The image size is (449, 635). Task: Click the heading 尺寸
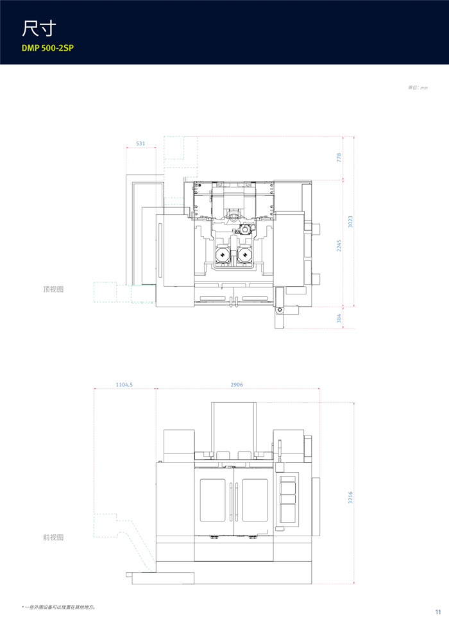[x=38, y=28]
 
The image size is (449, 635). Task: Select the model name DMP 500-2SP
[x=47, y=48]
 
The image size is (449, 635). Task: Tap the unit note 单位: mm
[x=418, y=87]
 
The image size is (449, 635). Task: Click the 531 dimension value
[x=140, y=144]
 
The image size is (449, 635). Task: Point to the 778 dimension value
[x=339, y=158]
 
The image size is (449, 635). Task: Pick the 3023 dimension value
[x=351, y=221]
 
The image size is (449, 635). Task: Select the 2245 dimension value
[x=339, y=246]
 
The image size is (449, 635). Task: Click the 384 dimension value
[x=339, y=318]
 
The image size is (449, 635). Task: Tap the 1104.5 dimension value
[x=124, y=385]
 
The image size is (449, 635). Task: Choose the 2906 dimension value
[x=237, y=385]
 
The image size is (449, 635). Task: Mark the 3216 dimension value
[x=351, y=497]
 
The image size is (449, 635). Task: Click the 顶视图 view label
[x=53, y=289]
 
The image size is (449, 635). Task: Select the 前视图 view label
[x=53, y=538]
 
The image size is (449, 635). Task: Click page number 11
[x=437, y=612]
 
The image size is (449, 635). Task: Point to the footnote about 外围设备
[x=59, y=607]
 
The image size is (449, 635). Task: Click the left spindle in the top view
[x=223, y=255]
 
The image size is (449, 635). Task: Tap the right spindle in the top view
[x=244, y=255]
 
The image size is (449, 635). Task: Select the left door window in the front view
[x=212, y=500]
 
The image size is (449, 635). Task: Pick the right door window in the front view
[x=255, y=500]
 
